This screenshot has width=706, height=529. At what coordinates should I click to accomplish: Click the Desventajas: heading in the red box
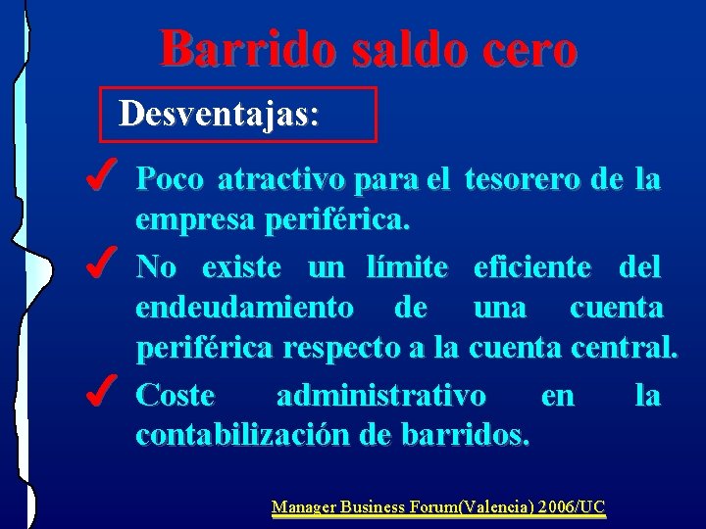[219, 116]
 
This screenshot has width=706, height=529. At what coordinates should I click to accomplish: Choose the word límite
[406, 266]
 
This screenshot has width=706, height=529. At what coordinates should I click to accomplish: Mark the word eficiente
[531, 266]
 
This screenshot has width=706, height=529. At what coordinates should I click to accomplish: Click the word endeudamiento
[245, 309]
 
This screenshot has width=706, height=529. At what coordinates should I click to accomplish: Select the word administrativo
[380, 395]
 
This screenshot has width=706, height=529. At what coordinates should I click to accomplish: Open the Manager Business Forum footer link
[438, 506]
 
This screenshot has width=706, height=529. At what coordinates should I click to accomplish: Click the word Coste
[175, 395]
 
